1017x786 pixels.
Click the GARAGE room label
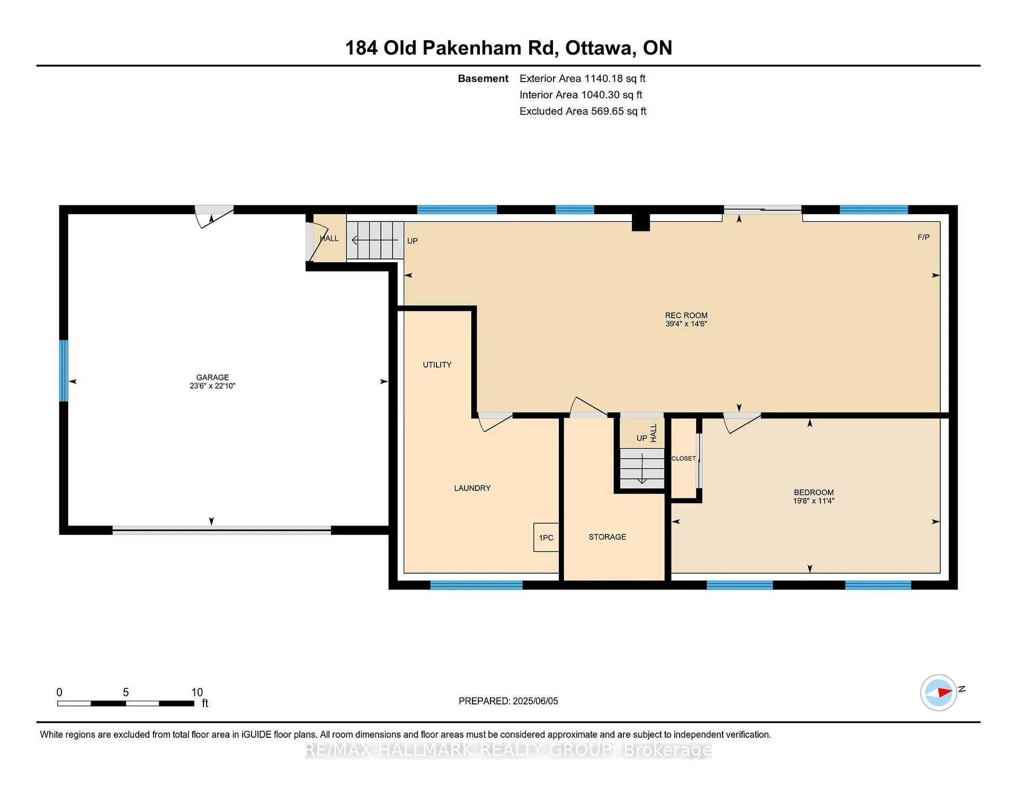[x=212, y=378]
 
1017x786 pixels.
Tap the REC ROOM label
[x=686, y=316]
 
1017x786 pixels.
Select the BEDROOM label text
[x=814, y=493]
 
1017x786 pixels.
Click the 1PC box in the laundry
[x=546, y=538]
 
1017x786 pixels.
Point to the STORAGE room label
[x=607, y=537]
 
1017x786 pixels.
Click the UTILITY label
[x=437, y=365]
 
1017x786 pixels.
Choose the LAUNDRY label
[x=472, y=488]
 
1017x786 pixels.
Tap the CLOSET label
[x=683, y=459]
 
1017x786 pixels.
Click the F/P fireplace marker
[x=923, y=237]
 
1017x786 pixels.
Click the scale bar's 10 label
[x=197, y=692]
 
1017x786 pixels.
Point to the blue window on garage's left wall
[x=64, y=371]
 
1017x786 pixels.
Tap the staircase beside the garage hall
[x=375, y=240]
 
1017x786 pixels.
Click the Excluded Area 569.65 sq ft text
[x=583, y=111]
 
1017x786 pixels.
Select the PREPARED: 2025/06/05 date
[x=508, y=701]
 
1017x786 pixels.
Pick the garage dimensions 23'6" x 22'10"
[x=212, y=386]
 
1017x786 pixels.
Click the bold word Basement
[x=483, y=78]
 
